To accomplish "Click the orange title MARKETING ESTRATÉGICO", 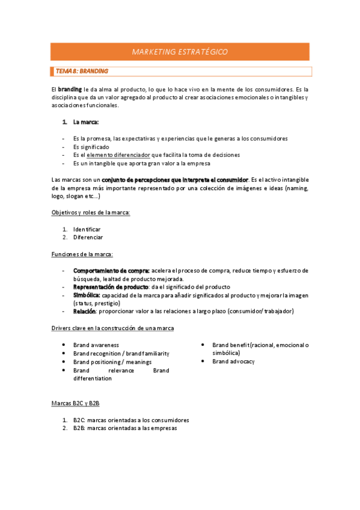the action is point(180,52).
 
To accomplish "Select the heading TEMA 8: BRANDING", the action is point(82,71).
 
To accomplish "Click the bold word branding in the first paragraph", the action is point(69,89).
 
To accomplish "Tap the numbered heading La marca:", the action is point(86,122).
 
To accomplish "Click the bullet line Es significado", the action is point(91,147).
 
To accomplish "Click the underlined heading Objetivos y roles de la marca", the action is point(90,212).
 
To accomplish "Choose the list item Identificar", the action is point(87,229).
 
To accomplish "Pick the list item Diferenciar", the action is point(88,237).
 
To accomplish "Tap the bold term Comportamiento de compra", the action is point(111,271).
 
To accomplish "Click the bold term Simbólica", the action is point(87,295).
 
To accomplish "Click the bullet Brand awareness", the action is point(96,345).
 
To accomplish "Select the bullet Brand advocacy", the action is point(234,361).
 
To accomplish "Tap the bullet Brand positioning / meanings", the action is point(112,362).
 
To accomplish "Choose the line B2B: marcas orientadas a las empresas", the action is point(125,428).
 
